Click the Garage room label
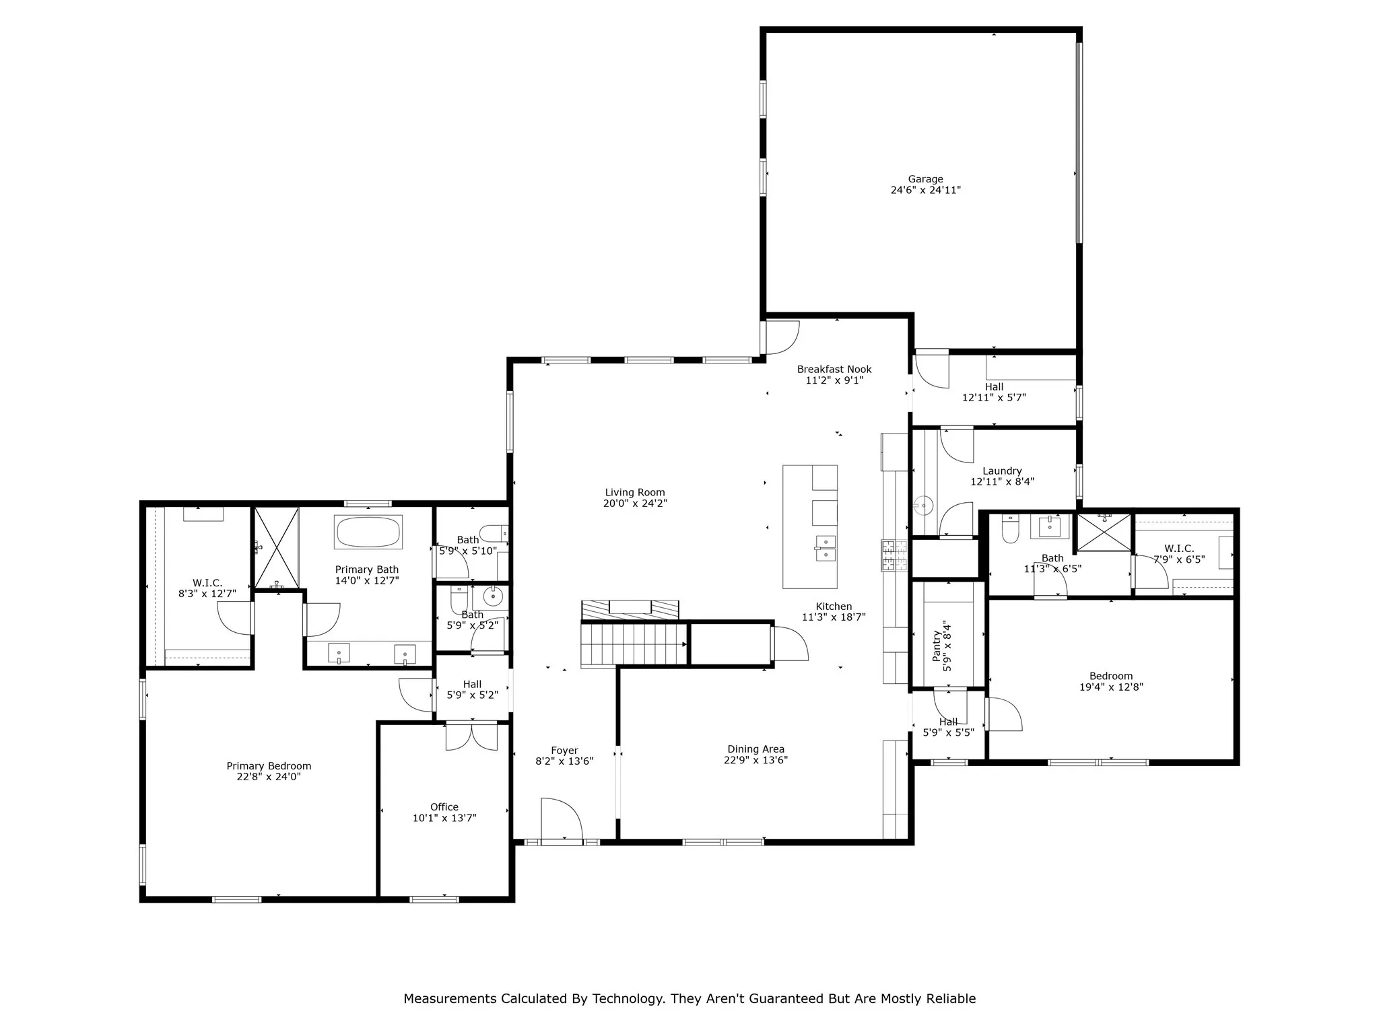(x=925, y=179)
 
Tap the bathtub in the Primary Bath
(x=368, y=532)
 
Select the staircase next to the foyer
(x=633, y=645)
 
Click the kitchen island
(x=809, y=526)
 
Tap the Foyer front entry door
(x=560, y=820)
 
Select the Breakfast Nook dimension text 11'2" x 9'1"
(x=834, y=380)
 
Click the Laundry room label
(x=1002, y=471)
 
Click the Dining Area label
(x=755, y=749)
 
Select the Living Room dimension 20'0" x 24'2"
(x=634, y=504)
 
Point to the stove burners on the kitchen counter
(x=894, y=555)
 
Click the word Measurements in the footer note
(x=450, y=998)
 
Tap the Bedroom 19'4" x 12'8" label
(x=1110, y=677)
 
